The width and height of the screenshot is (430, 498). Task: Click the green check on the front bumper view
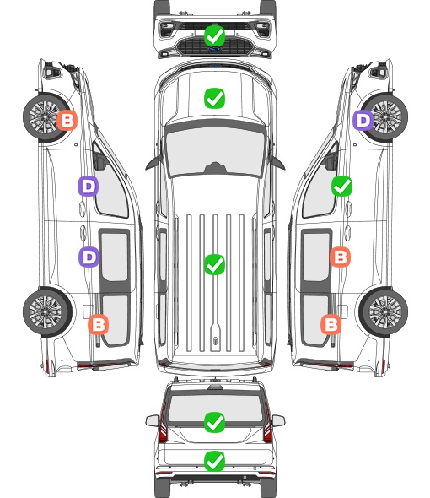[214, 35]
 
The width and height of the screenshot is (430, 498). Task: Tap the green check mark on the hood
[214, 98]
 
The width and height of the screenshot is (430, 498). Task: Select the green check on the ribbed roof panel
[214, 264]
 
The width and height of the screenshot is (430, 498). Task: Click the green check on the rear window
[214, 422]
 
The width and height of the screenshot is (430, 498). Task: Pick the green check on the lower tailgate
[214, 461]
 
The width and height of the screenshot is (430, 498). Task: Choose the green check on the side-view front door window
[341, 186]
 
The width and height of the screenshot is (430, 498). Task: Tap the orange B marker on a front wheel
[67, 120]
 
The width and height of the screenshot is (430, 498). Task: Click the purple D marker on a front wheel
[363, 120]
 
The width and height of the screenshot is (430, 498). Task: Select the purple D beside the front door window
[89, 186]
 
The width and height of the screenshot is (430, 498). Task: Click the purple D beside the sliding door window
[89, 257]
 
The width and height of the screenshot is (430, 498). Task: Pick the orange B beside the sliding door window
[340, 257]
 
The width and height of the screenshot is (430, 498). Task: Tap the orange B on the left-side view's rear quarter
[98, 324]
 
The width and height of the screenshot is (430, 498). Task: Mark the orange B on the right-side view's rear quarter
[331, 324]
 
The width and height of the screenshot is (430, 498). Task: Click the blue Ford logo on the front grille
[214, 49]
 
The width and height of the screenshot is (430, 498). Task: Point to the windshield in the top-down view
[215, 152]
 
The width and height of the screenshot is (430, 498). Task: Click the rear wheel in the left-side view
[47, 312]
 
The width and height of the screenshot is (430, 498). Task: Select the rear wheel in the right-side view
[384, 312]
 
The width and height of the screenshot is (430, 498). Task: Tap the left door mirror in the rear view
[152, 420]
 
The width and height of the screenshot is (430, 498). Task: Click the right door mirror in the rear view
[278, 420]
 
